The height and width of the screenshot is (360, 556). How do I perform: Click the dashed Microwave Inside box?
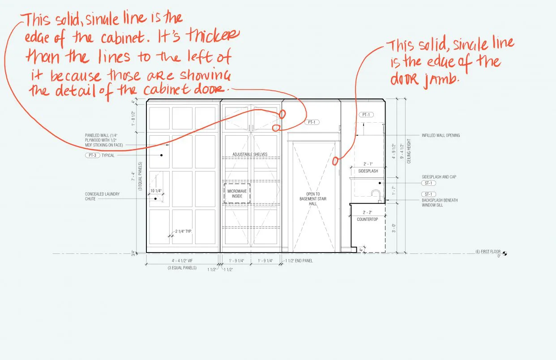pos(237,193)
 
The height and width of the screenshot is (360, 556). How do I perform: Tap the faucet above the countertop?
pos(376,195)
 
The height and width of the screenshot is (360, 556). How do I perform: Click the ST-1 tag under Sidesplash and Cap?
pos(428,183)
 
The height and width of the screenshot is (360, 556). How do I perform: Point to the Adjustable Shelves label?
pos(250,154)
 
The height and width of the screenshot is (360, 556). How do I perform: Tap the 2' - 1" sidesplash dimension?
pos(368,164)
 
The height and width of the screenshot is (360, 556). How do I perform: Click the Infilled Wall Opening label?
pos(441,135)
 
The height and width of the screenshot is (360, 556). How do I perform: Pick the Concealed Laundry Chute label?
pos(96,197)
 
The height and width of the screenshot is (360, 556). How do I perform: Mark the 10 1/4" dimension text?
pos(155,191)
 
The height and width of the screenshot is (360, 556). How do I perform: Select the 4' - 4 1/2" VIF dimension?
pos(182,261)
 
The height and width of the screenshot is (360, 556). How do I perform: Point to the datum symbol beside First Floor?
pos(505,254)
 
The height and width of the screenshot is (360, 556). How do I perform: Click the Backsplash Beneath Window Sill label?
pos(440,202)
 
